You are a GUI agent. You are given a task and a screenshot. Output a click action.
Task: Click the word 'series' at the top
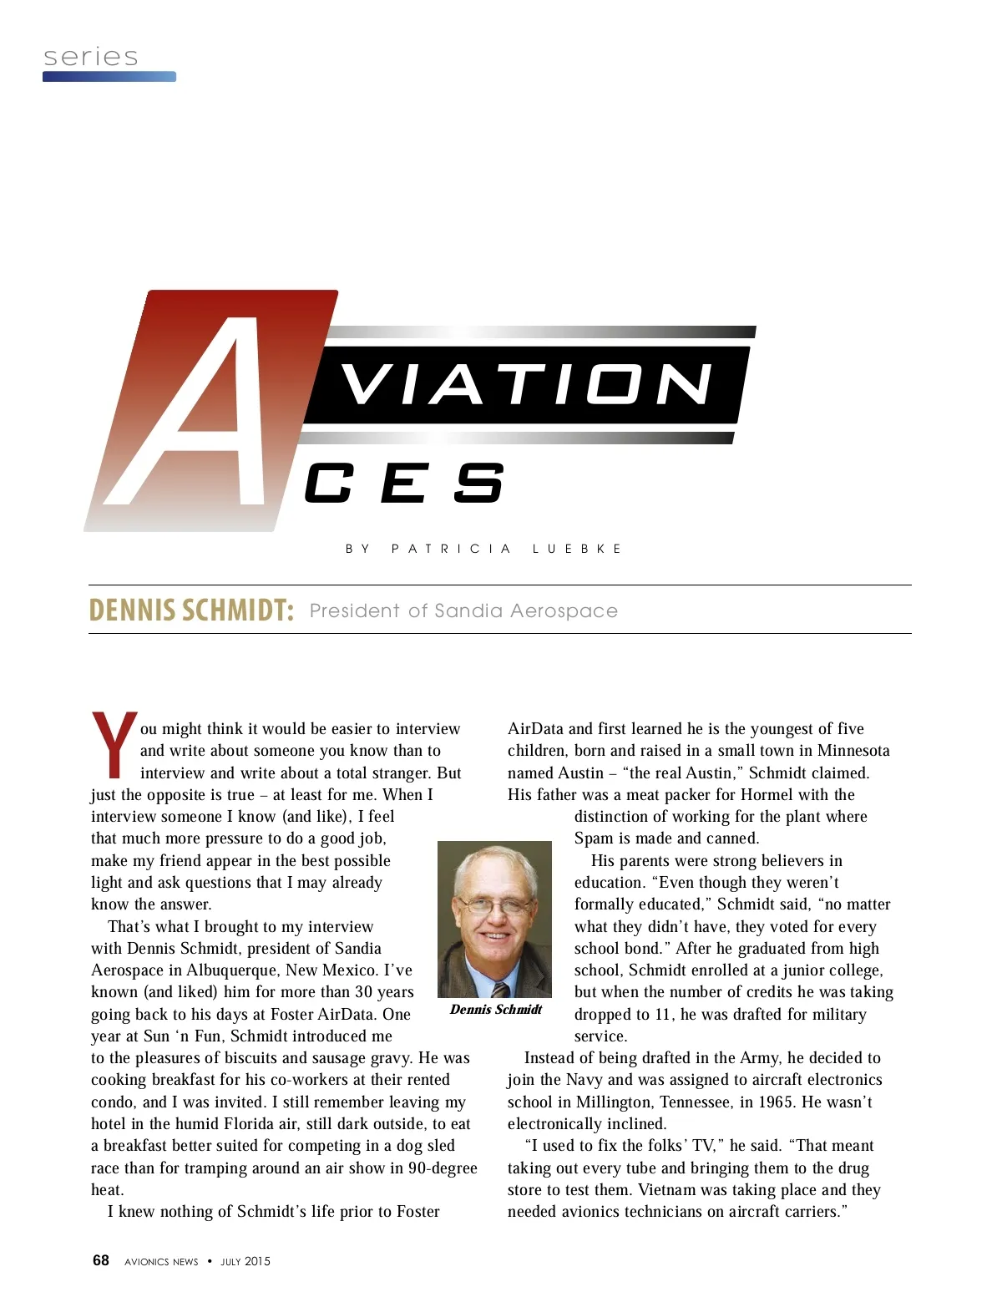tap(90, 57)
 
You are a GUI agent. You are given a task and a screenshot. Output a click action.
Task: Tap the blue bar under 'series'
tap(109, 77)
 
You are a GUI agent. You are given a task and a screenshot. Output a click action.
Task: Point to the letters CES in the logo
tap(404, 484)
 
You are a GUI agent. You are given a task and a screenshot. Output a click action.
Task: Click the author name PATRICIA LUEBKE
tap(506, 549)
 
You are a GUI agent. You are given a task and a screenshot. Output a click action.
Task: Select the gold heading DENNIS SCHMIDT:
tap(191, 611)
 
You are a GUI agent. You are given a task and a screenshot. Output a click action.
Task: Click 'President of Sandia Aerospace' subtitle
tap(463, 611)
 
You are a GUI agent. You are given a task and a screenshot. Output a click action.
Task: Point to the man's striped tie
tap(500, 989)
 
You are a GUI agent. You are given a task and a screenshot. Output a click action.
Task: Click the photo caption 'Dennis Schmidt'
tap(496, 1010)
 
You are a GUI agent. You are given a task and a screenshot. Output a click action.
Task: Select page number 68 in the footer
tap(101, 1260)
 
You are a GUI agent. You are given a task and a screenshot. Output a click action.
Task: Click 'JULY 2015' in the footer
tap(245, 1261)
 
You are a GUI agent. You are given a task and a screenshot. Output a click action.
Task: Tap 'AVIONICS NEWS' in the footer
tap(161, 1262)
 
